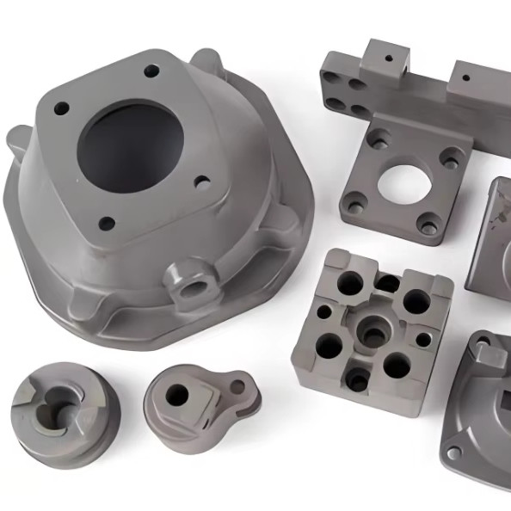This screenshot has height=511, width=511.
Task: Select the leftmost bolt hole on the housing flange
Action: point(61,109)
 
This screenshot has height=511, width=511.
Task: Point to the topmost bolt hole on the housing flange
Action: point(151,71)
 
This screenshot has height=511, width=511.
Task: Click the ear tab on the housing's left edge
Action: point(19,138)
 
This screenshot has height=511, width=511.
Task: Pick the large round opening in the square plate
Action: point(402,182)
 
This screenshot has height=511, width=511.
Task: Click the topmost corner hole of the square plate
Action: point(379,137)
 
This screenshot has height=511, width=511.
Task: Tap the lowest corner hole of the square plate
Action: point(428,228)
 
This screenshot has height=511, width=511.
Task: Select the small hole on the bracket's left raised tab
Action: point(388,59)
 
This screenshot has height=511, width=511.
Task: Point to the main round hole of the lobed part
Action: point(177,394)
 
